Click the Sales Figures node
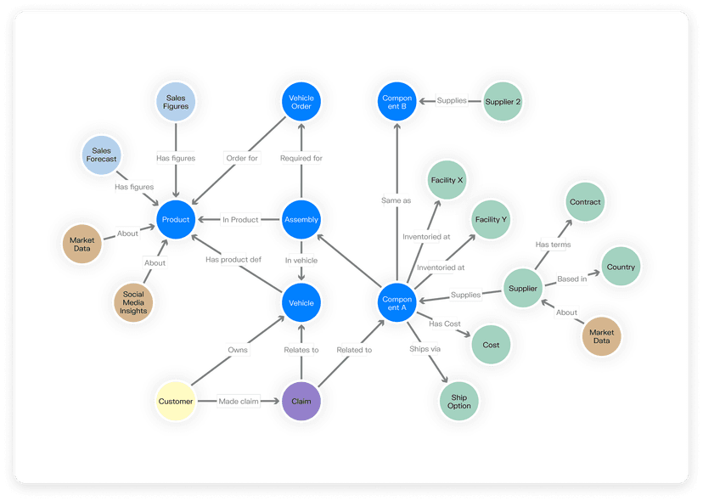pyautogui.click(x=176, y=102)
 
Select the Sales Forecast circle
pyautogui.click(x=102, y=155)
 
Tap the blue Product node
pyautogui.click(x=176, y=220)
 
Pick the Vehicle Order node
pyautogui.click(x=301, y=103)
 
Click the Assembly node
pyautogui.click(x=301, y=220)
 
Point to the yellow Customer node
pyautogui.click(x=177, y=401)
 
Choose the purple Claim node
pyautogui.click(x=301, y=401)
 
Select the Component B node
pyautogui.click(x=396, y=101)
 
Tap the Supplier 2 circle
pyautogui.click(x=503, y=102)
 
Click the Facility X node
pyautogui.click(x=447, y=181)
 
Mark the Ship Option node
pyautogui.click(x=459, y=401)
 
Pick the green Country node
pyautogui.click(x=621, y=267)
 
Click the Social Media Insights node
pyautogui.click(x=133, y=302)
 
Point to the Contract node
pyautogui.click(x=585, y=202)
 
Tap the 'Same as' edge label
pyautogui.click(x=396, y=200)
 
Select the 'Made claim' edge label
pyautogui.click(x=239, y=401)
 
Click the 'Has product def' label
pyautogui.click(x=233, y=260)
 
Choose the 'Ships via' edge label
pyautogui.click(x=425, y=349)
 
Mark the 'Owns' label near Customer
pyautogui.click(x=238, y=349)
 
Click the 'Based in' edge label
pyautogui.click(x=571, y=279)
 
